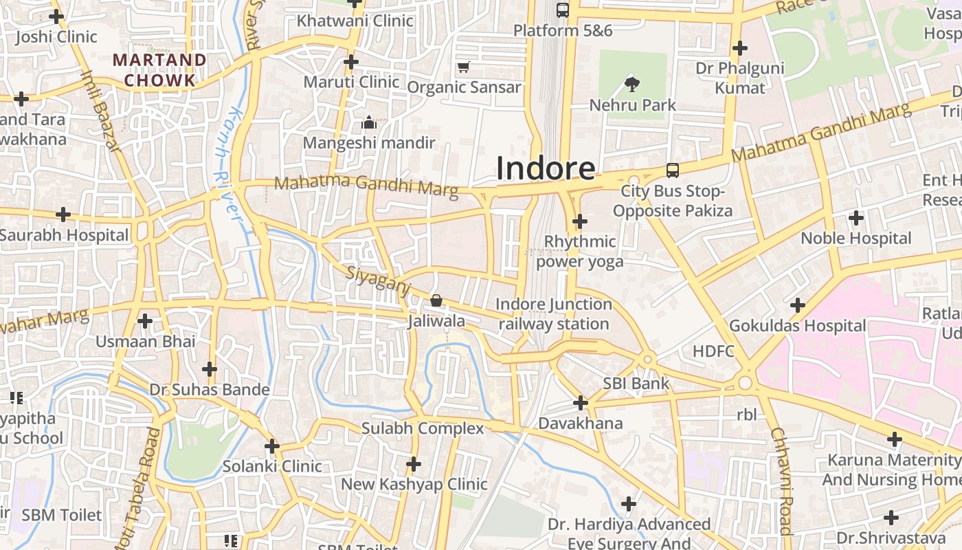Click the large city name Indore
click(546, 168)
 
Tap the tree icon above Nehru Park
click(632, 85)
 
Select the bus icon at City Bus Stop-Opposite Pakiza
click(672, 170)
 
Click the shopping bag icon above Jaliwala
click(436, 300)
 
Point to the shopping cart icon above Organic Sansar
click(463, 67)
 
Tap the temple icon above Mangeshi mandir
click(369, 123)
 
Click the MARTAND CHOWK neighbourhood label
click(159, 70)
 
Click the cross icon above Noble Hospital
click(855, 219)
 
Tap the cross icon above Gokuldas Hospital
click(797, 305)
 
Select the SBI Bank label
click(636, 383)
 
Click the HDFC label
click(713, 351)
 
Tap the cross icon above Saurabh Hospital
click(63, 214)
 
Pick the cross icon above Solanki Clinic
click(272, 446)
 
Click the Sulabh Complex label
click(423, 428)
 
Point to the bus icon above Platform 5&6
click(562, 10)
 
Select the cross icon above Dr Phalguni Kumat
click(739, 48)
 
